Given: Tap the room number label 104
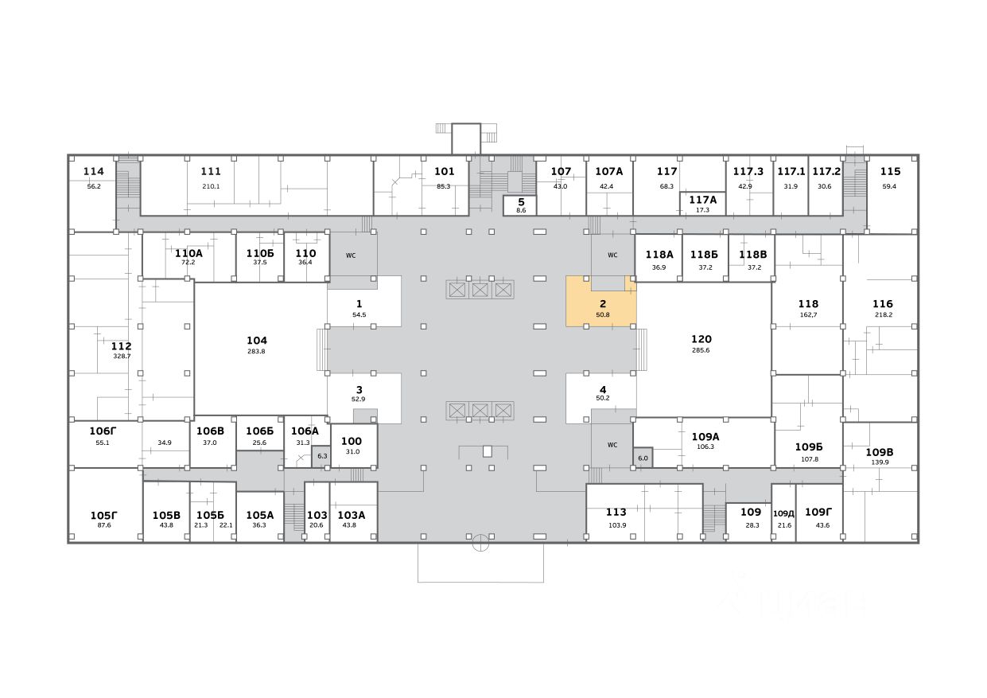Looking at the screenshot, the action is [x=257, y=340].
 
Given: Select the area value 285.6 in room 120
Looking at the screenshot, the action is [x=701, y=350].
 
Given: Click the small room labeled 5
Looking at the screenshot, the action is [x=521, y=205].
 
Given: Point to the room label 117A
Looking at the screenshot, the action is [x=702, y=200].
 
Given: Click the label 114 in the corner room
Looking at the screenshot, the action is [x=94, y=171].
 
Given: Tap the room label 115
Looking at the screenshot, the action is [x=890, y=171].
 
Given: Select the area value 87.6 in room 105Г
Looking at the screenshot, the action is [x=104, y=525].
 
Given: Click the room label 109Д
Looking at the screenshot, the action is [x=784, y=513].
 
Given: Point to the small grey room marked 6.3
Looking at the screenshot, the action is [x=322, y=456].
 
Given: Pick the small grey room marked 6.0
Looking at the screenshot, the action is [x=643, y=458].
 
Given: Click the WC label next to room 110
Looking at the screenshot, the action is [x=351, y=255].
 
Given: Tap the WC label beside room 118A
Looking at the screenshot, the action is [x=612, y=255].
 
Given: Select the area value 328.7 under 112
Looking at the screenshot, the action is [x=122, y=357].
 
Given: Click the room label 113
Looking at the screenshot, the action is [x=616, y=512].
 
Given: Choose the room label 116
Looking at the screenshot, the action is [x=882, y=303].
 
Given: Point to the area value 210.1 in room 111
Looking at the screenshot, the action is [x=211, y=186].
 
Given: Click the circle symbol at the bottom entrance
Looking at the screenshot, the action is [x=480, y=544].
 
